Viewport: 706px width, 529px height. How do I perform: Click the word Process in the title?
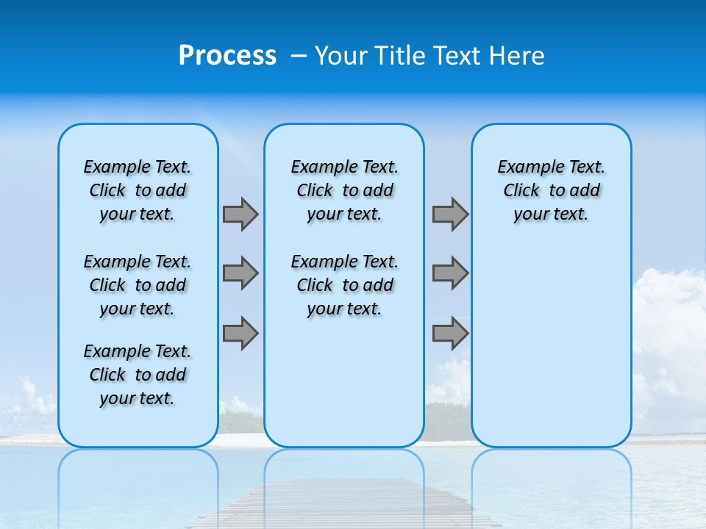click(x=227, y=56)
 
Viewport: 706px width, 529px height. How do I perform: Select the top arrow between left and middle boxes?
click(x=240, y=214)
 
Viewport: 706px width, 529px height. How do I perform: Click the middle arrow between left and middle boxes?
click(x=240, y=273)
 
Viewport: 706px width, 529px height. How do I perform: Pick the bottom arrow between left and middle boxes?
click(x=240, y=333)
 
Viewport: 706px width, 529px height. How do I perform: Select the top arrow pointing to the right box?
click(x=450, y=214)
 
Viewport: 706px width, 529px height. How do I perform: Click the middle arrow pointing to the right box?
click(x=450, y=273)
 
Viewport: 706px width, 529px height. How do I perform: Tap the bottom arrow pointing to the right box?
click(x=450, y=333)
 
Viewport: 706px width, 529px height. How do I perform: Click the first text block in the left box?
click(x=138, y=190)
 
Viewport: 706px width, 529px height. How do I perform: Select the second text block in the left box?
click(x=138, y=285)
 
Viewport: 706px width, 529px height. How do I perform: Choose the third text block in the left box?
click(x=138, y=375)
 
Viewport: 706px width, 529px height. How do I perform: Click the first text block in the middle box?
click(x=344, y=190)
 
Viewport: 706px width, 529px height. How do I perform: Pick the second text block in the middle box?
click(x=344, y=285)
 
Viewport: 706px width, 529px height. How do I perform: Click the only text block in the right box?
click(x=552, y=190)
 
